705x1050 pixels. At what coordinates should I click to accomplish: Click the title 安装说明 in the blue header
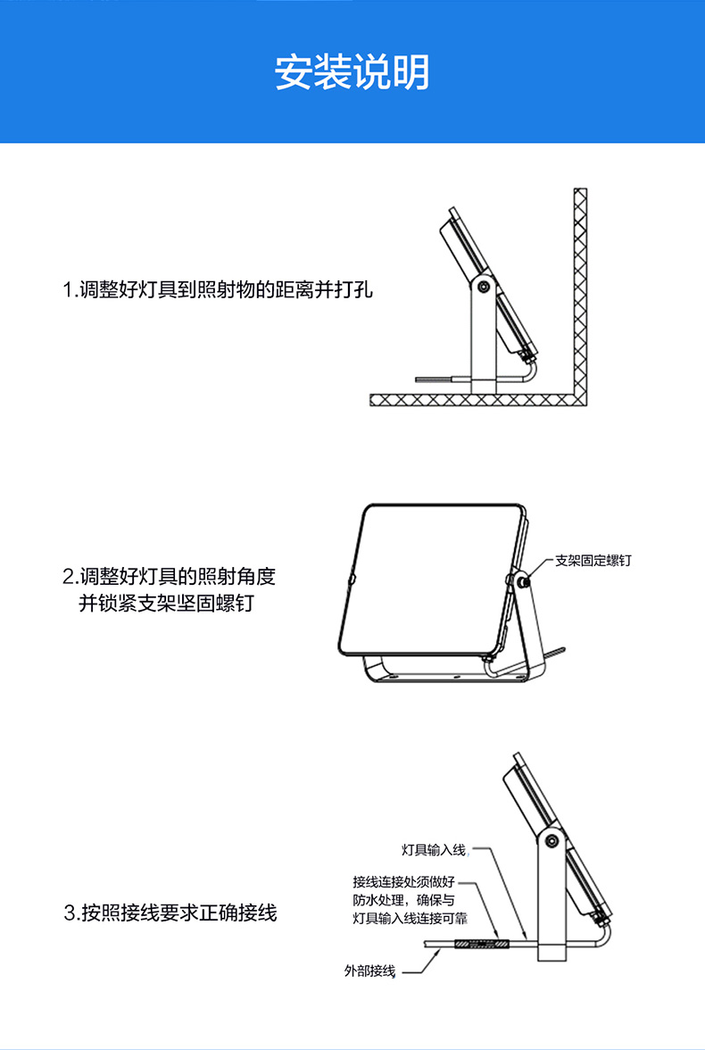[x=352, y=72]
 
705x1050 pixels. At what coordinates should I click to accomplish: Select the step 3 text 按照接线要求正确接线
[x=170, y=913]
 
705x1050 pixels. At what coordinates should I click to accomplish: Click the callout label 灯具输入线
[x=434, y=848]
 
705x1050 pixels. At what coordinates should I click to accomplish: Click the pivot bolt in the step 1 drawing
[x=483, y=287]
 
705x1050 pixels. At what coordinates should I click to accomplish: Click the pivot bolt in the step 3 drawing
[x=551, y=841]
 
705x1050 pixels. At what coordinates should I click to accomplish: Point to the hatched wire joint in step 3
[x=481, y=943]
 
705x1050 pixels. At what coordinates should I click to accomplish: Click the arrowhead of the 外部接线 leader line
[x=438, y=953]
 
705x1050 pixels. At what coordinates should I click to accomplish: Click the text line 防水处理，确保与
[x=403, y=900]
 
